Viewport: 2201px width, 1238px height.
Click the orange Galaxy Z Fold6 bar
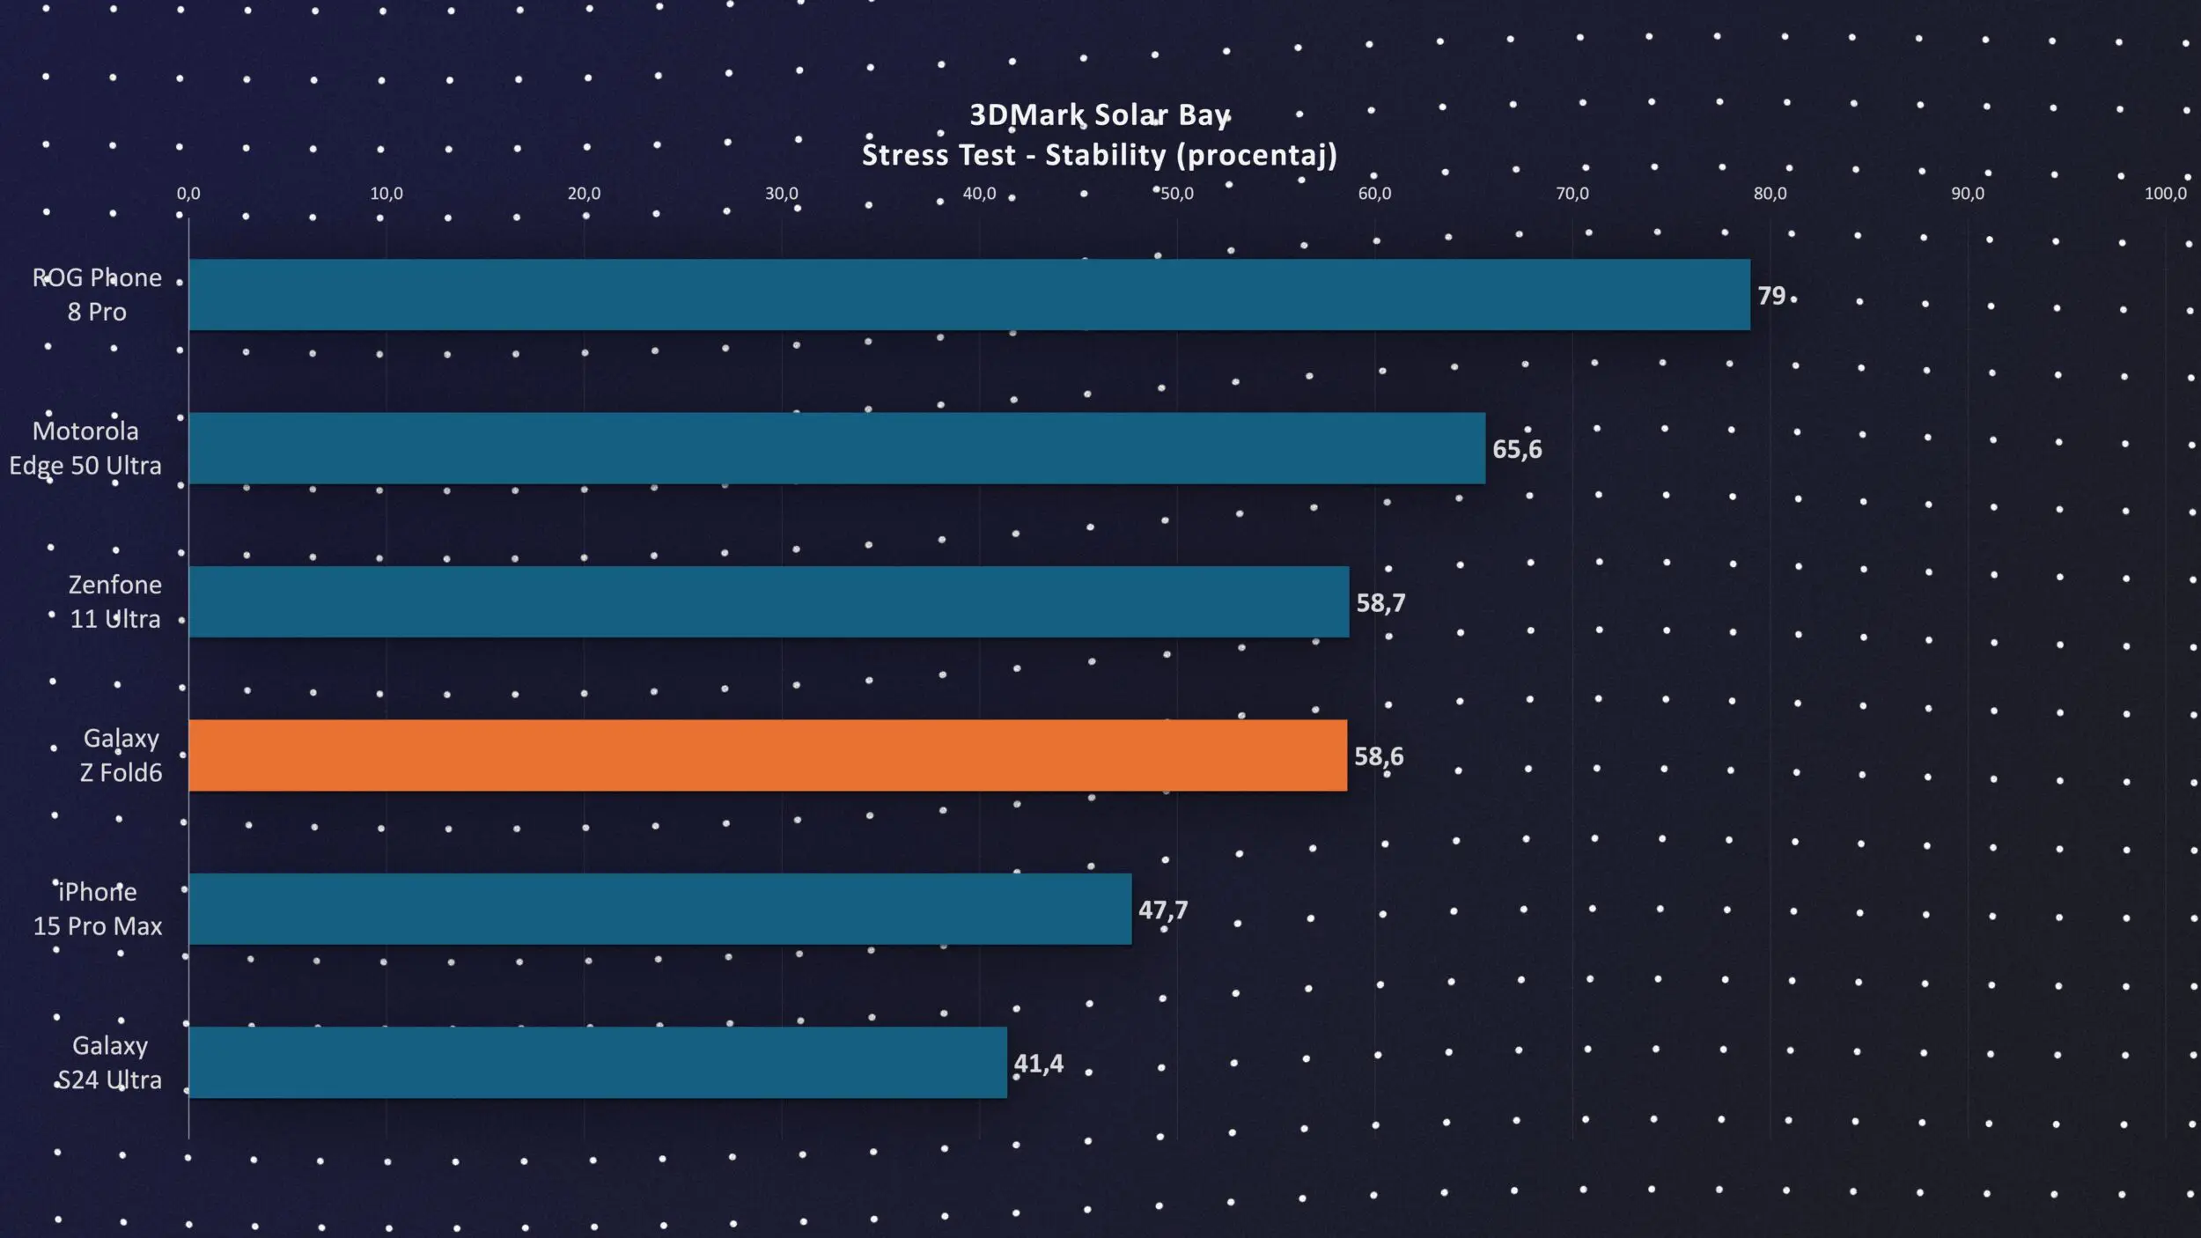point(768,755)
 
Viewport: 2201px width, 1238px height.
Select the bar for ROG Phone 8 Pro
point(968,295)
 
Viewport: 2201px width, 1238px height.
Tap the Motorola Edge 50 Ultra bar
point(836,448)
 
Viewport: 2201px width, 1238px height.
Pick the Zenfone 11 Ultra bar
point(769,601)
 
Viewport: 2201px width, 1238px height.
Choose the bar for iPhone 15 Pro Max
point(660,909)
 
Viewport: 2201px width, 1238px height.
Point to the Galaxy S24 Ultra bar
point(598,1062)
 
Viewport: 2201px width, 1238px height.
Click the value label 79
point(1771,296)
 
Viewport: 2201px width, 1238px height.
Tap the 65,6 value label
point(1517,449)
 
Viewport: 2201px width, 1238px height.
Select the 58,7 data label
point(1380,603)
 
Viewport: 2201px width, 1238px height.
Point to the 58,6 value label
point(1379,756)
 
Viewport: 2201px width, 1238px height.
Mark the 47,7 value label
point(1163,910)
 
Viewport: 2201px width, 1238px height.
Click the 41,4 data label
point(1039,1064)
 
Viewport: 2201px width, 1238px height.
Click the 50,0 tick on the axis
point(1177,194)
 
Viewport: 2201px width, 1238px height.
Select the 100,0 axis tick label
point(2165,194)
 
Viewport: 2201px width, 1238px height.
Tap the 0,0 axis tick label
point(188,194)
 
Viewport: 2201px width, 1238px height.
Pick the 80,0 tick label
point(1770,194)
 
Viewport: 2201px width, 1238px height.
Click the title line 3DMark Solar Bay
point(1100,115)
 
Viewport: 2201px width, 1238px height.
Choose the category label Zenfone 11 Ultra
point(115,601)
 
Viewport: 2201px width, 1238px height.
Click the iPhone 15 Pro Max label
point(98,909)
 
